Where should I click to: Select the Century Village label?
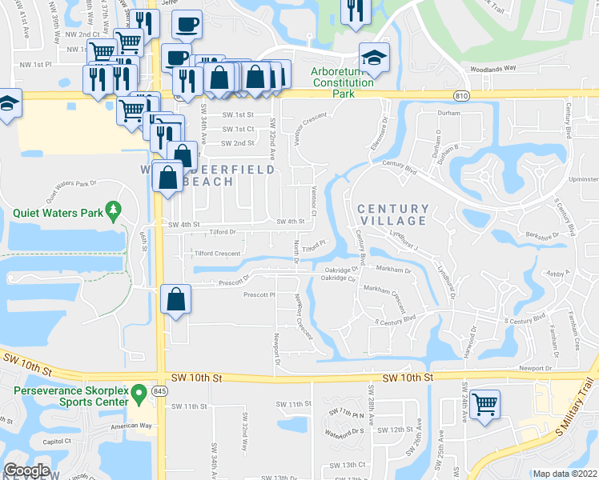click(392, 214)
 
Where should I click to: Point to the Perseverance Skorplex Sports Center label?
click(70, 398)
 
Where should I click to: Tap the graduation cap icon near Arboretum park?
click(372, 57)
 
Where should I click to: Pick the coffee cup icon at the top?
click(187, 24)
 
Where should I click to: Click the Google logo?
click(26, 470)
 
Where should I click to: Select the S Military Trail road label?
click(576, 409)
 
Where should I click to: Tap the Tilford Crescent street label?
click(217, 254)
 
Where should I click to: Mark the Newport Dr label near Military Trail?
click(537, 369)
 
